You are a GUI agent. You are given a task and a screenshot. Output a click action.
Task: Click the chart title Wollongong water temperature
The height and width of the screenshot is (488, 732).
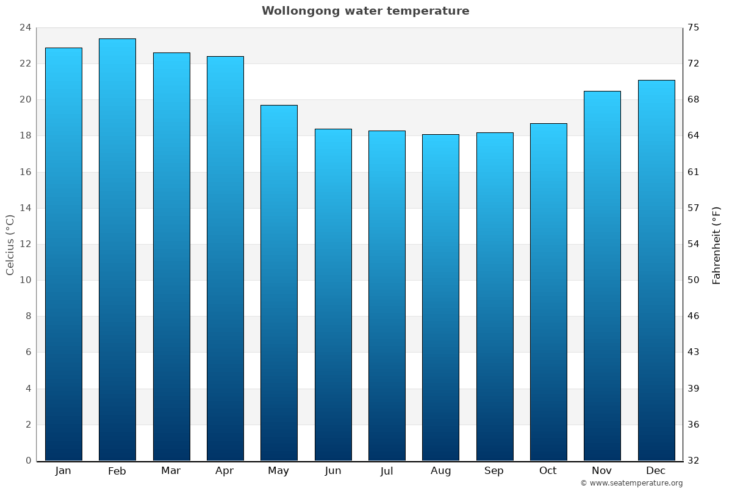coord(365,11)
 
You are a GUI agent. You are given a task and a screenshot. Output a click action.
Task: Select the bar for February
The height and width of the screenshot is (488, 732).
coord(117,249)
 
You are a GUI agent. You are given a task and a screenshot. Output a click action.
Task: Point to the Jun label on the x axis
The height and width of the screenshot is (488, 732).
coord(333,471)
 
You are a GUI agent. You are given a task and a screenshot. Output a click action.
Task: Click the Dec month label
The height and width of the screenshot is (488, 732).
coord(656,471)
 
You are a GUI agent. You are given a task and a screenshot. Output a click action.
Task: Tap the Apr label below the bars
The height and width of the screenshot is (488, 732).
coord(224,471)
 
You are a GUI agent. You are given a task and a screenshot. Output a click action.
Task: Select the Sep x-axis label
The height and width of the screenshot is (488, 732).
coord(494,471)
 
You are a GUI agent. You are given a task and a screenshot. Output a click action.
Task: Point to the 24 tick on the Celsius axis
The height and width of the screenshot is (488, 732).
coord(25,27)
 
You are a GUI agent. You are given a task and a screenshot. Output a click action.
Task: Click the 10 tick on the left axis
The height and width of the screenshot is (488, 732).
coord(25,280)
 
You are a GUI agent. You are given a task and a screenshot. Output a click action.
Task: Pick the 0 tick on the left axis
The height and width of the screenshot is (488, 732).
coord(28,461)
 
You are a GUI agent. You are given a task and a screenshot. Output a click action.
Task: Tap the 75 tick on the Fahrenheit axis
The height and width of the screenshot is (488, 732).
coord(694,27)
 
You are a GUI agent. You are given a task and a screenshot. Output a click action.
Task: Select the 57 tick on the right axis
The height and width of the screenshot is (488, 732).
coord(694,208)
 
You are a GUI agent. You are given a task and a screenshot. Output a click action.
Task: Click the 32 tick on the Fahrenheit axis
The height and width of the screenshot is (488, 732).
coord(694,461)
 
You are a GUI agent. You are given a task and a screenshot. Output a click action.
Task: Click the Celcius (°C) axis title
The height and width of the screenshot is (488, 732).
coord(10,244)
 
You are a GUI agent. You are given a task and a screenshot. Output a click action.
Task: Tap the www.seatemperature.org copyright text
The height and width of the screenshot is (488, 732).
coord(631,483)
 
